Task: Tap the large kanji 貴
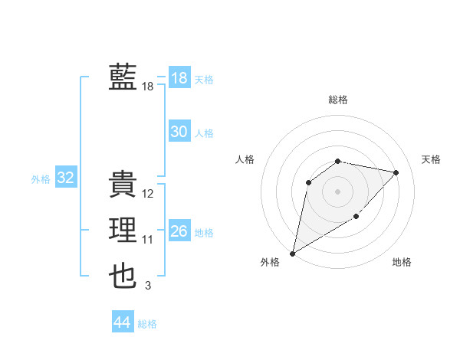pos(123,185)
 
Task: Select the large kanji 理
pos(123,231)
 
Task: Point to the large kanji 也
pos(123,277)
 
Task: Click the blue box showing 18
pos(179,78)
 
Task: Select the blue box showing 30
pos(179,132)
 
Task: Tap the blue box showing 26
pos(179,231)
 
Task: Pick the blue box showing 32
pos(65,178)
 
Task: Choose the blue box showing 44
pos(122,322)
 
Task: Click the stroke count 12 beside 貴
pos(148,195)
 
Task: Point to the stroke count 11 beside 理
pos(148,241)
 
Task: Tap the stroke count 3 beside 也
pos(148,286)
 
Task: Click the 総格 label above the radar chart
pos(338,100)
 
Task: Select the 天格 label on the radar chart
pos(432,159)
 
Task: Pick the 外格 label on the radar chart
pos(270,263)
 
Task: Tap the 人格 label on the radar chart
pos(245,159)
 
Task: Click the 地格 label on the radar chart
pos(402,263)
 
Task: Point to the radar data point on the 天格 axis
pos(396,172)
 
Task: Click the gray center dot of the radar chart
pos(337,191)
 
